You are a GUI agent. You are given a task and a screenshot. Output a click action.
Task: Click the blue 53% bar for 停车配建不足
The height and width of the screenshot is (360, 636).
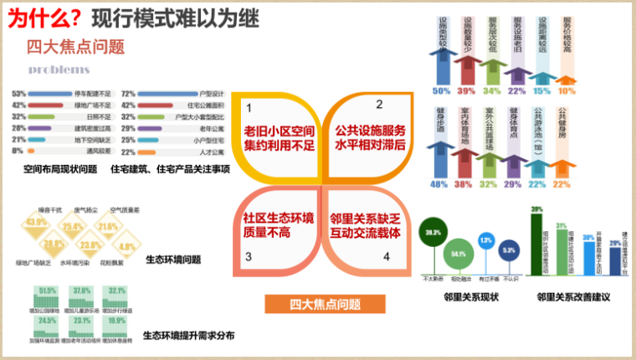point(52,94)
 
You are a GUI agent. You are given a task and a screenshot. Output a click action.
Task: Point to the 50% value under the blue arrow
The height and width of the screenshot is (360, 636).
point(442,90)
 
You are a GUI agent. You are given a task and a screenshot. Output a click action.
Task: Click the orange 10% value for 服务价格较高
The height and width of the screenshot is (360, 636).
point(567,90)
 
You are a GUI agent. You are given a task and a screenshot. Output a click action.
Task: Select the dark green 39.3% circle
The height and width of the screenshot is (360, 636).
point(433,232)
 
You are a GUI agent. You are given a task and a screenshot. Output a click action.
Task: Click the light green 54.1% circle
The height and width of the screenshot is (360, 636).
point(459,252)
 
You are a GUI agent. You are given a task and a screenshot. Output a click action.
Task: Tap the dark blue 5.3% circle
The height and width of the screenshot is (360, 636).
point(508,249)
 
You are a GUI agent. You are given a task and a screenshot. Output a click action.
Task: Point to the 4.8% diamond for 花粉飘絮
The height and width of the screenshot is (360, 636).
point(126,247)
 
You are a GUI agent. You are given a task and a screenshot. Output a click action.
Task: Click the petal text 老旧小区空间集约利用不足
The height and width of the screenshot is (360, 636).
point(280,139)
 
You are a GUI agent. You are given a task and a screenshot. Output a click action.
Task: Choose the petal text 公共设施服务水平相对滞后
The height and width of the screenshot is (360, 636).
point(370,138)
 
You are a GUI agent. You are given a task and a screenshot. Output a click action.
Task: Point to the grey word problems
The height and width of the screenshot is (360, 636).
point(59,69)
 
